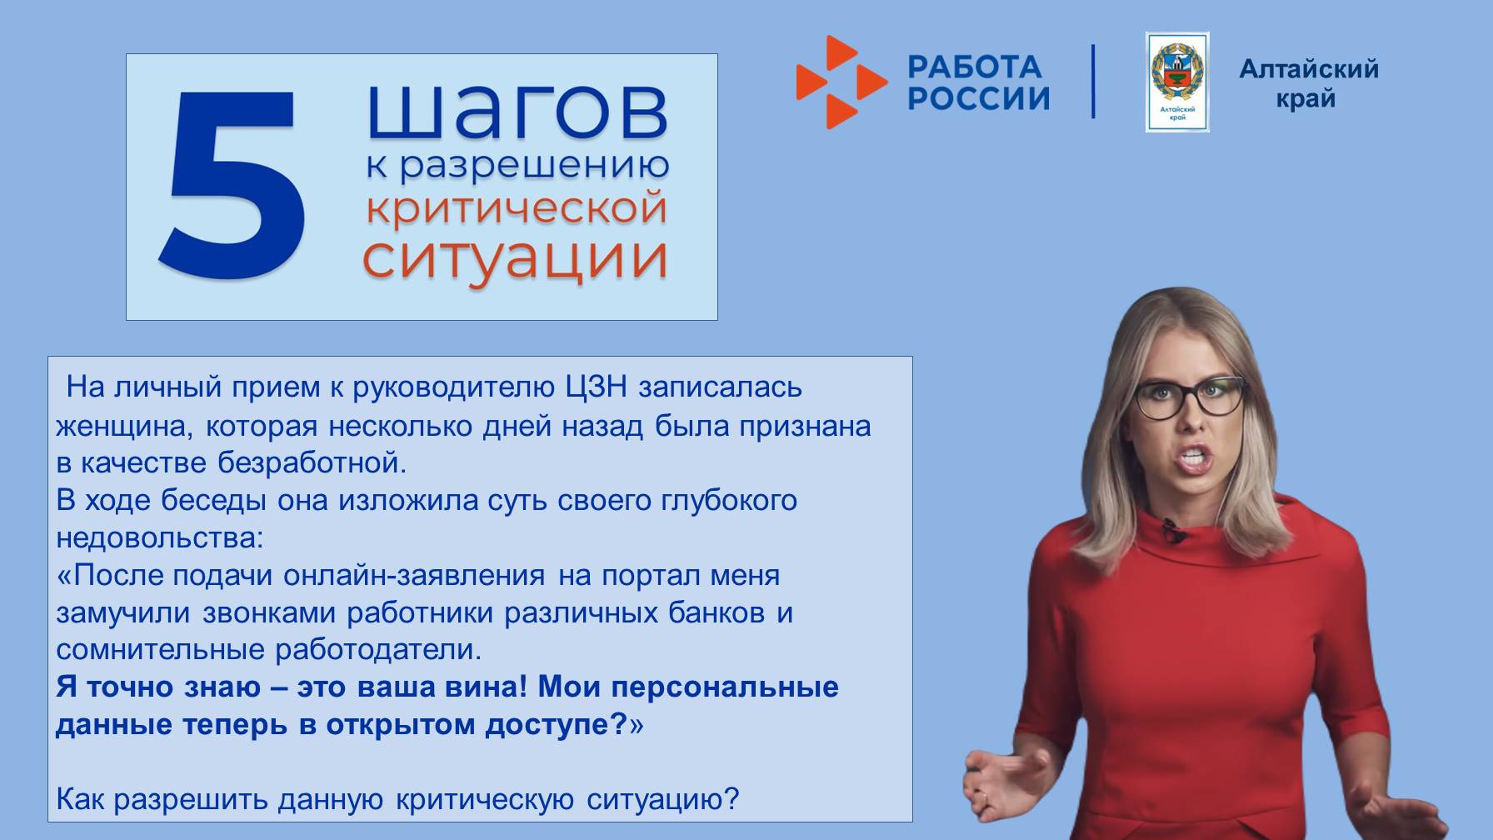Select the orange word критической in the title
click(x=517, y=208)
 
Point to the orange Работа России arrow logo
click(x=840, y=82)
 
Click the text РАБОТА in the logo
click(x=974, y=67)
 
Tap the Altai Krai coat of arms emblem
click(x=1176, y=82)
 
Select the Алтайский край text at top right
click(x=1308, y=82)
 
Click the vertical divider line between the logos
click(x=1093, y=82)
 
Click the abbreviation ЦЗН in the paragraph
click(x=595, y=387)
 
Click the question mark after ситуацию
click(x=732, y=800)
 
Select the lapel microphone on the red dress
click(x=1174, y=529)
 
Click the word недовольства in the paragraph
click(x=158, y=538)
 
